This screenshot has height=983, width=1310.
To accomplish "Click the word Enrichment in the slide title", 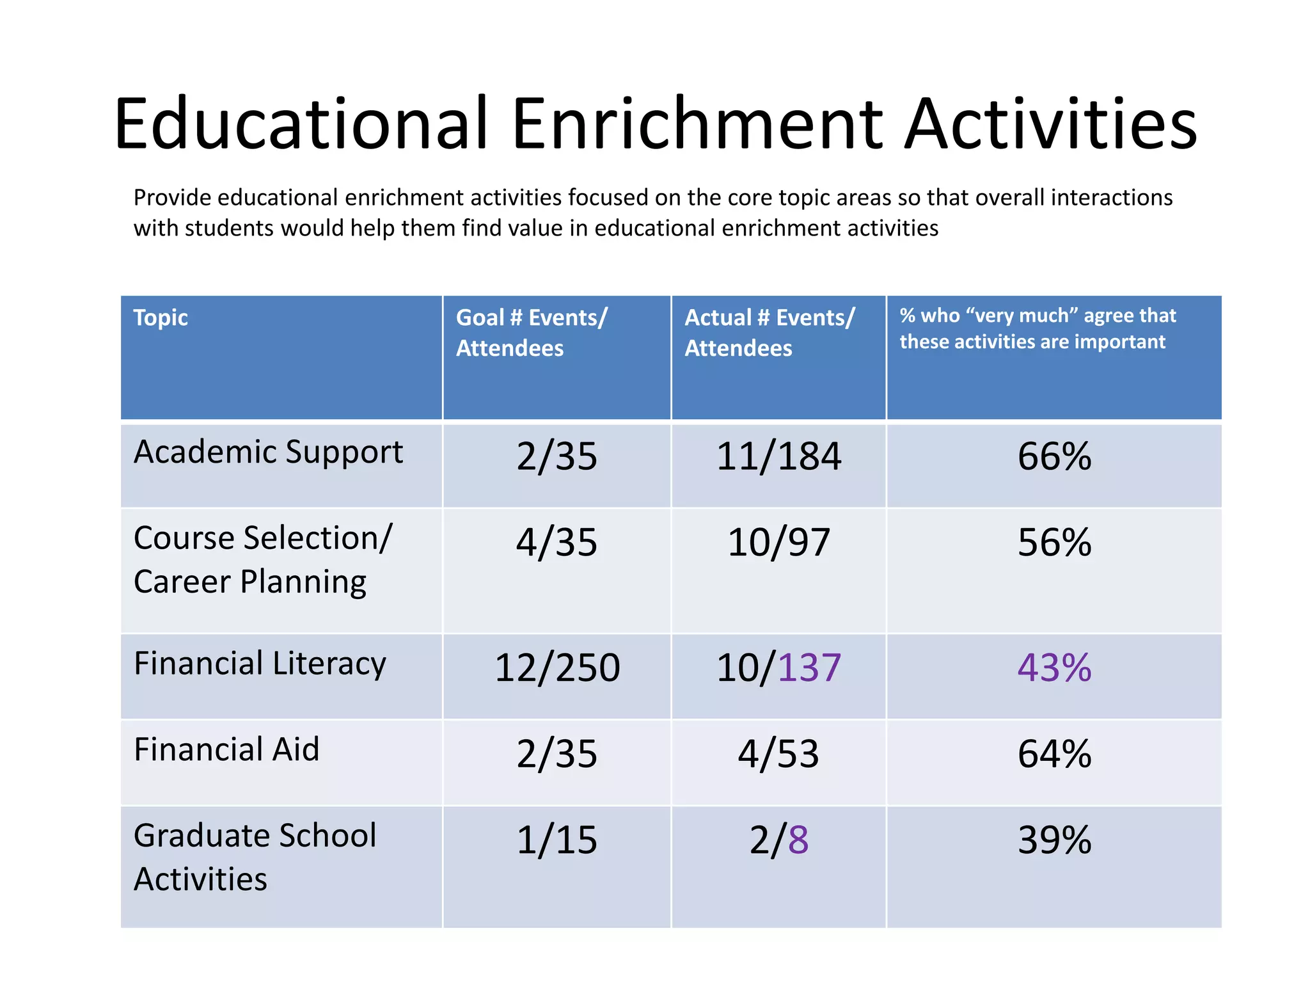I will click(x=697, y=124).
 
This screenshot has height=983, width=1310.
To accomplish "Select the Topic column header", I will click(x=161, y=318).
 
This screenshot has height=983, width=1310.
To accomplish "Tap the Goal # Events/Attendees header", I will click(x=531, y=333).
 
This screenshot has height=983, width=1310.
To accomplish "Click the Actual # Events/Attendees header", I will click(x=769, y=333).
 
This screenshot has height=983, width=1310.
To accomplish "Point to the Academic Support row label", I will click(x=268, y=452).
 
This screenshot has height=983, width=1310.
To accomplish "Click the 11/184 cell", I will click(x=778, y=457).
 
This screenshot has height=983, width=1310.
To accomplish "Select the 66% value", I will click(x=1054, y=457).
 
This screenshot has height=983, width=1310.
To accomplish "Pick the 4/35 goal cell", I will click(x=556, y=543).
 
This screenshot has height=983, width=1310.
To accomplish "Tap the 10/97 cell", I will click(x=778, y=543).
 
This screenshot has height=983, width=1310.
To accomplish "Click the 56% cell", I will click(x=1054, y=543).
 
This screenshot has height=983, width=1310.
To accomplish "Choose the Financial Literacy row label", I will click(x=260, y=664).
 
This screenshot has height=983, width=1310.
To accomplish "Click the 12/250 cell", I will click(x=556, y=668).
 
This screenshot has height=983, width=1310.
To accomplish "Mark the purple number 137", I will click(x=809, y=668).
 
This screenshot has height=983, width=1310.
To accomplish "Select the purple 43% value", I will click(x=1054, y=668).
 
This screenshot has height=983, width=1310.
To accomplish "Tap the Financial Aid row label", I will click(x=226, y=749).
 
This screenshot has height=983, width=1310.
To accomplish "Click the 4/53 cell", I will click(x=778, y=754).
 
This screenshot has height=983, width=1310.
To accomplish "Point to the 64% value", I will click(x=1054, y=754).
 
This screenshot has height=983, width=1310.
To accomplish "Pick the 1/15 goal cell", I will click(x=556, y=840).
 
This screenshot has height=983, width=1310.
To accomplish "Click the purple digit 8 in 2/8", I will click(x=798, y=840).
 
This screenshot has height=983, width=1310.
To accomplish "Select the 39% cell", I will click(x=1054, y=840).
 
